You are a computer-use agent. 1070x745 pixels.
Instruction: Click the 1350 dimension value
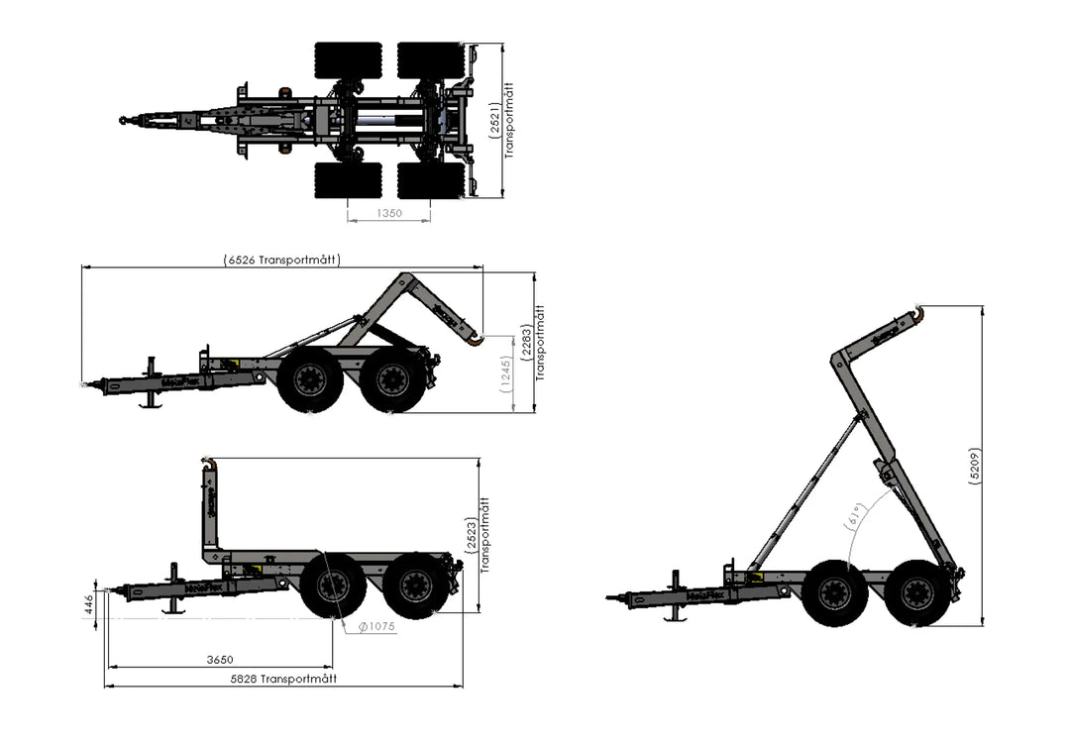click(x=389, y=213)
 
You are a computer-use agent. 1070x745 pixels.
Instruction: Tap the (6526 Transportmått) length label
click(x=282, y=260)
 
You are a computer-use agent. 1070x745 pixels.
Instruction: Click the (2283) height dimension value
click(x=527, y=343)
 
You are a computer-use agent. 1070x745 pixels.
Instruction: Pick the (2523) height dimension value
click(x=471, y=535)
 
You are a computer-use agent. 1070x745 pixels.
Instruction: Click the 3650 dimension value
click(x=219, y=660)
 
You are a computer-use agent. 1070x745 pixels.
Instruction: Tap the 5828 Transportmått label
click(x=283, y=679)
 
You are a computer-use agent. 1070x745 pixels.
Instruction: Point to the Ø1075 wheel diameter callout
click(x=375, y=626)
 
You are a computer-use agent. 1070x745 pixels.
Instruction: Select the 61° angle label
click(x=858, y=517)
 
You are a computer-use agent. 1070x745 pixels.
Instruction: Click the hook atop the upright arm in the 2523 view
click(x=207, y=463)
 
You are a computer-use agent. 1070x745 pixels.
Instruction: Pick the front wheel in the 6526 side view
click(x=310, y=379)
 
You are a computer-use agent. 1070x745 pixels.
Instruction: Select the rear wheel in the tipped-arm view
click(x=916, y=593)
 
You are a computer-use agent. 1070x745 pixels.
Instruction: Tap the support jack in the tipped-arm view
click(x=677, y=596)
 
